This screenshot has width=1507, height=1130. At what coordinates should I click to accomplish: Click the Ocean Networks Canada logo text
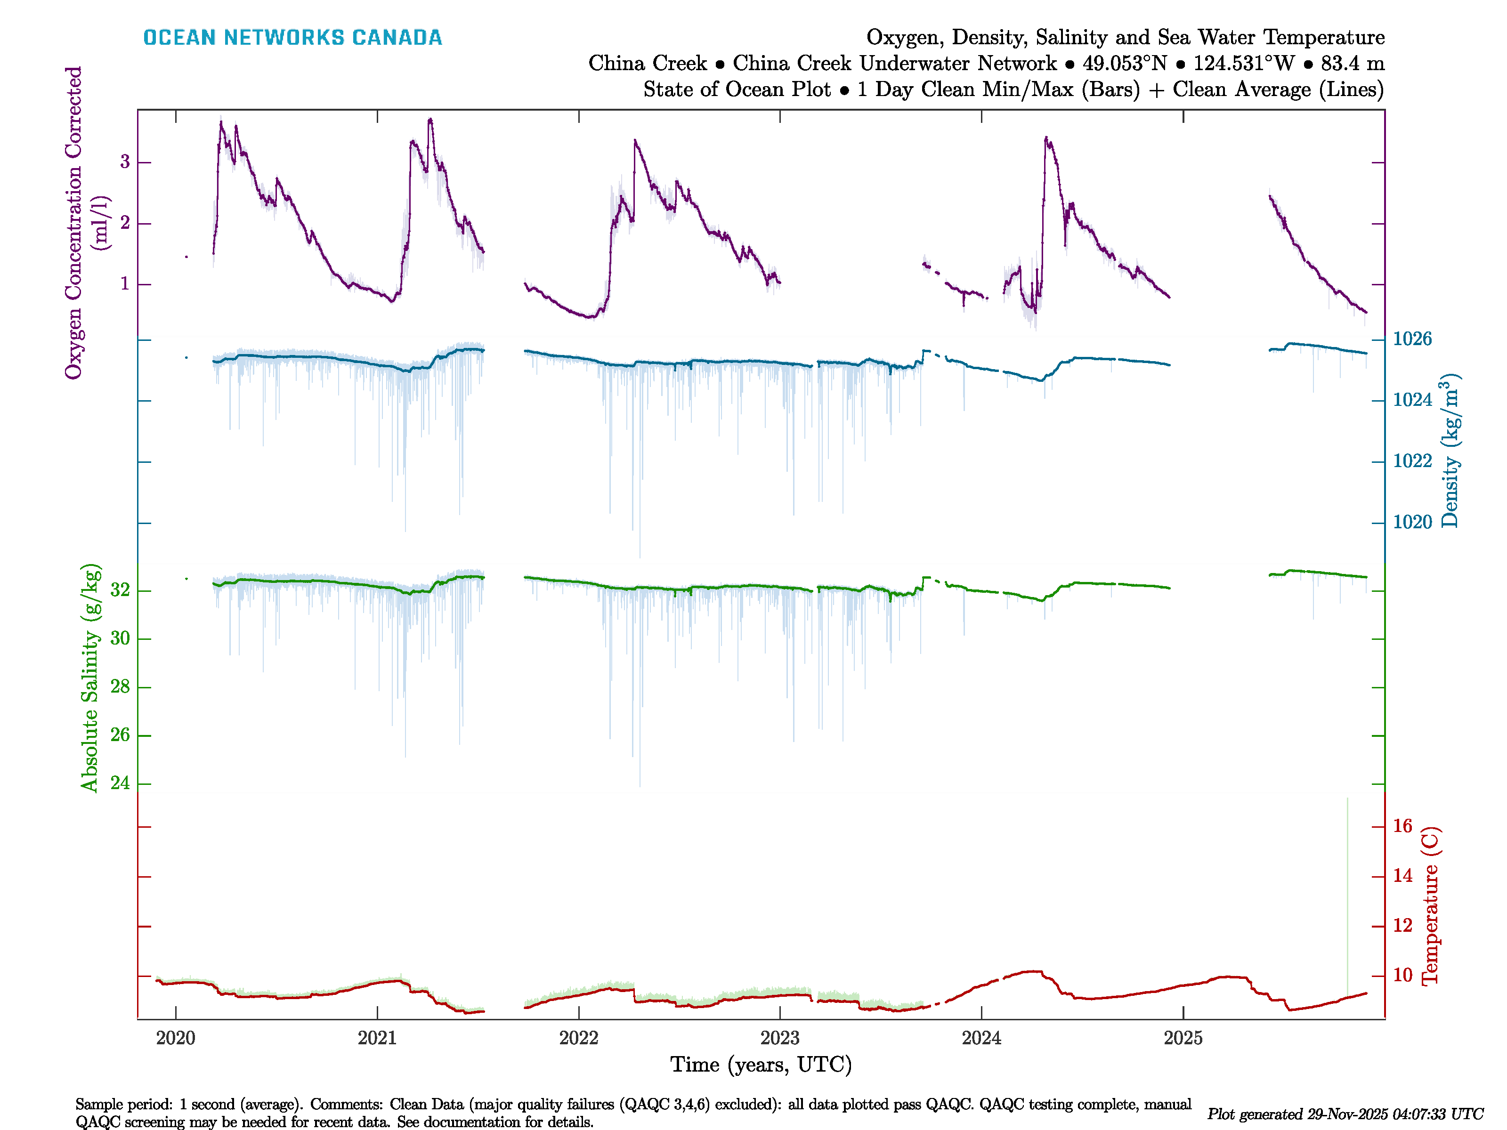tap(292, 38)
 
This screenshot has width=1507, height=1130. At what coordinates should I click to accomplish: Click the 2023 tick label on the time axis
tap(779, 1038)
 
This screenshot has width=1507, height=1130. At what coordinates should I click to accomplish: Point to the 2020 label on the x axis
tap(176, 1038)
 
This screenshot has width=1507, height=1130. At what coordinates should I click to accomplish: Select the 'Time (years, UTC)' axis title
tap(761, 1065)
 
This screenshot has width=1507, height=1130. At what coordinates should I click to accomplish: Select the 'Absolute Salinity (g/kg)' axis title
tap(90, 678)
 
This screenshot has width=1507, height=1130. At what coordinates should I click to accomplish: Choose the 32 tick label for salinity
tap(120, 590)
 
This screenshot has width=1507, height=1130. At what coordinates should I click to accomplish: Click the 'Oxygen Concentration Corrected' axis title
tap(73, 222)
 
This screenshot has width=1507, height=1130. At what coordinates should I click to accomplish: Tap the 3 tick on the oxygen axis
tap(125, 162)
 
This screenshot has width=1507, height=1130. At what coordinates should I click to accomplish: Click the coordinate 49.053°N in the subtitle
tap(1125, 64)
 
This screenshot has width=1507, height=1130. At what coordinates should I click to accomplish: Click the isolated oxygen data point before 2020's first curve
tap(186, 257)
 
